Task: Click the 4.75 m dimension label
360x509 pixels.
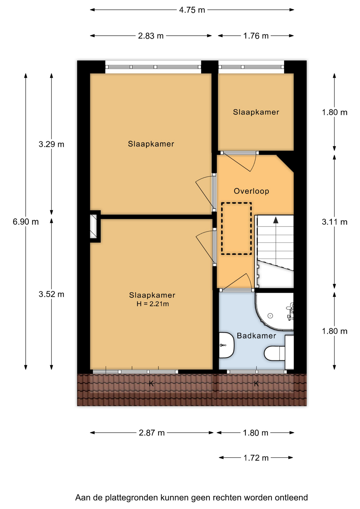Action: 192,10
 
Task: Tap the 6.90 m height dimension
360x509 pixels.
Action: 26,222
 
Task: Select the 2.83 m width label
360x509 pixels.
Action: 151,36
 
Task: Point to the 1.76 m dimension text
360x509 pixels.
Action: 256,36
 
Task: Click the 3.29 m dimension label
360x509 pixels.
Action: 51,144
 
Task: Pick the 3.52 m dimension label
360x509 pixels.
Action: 51,294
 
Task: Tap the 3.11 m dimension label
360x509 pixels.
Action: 335,222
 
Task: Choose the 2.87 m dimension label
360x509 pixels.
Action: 152,433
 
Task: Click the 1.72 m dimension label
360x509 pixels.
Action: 256,458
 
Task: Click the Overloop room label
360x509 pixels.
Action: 251,191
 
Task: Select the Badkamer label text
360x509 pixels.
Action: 256,336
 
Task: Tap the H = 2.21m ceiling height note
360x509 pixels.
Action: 153,304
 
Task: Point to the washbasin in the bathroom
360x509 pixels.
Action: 226,345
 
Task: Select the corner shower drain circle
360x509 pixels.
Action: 270,315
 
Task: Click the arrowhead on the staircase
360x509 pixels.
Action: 276,220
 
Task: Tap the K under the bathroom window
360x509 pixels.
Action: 256,384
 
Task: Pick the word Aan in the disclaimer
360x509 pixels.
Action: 83,498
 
